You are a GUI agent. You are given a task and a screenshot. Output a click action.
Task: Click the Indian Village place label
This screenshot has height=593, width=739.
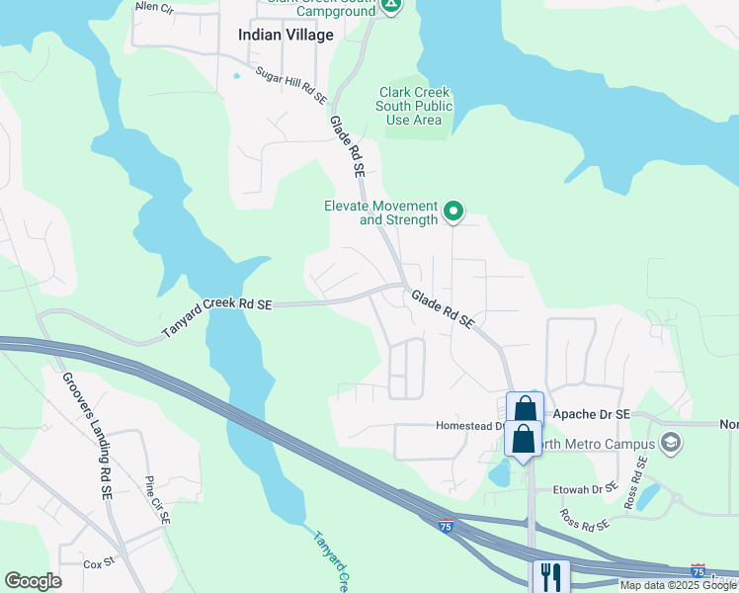(x=287, y=35)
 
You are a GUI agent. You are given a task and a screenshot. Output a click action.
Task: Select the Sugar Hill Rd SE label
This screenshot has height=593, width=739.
(x=291, y=86)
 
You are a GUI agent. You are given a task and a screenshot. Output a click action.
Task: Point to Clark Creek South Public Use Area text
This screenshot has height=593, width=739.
(x=416, y=107)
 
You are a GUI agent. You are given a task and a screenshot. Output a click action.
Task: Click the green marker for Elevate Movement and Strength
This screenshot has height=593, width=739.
(x=453, y=210)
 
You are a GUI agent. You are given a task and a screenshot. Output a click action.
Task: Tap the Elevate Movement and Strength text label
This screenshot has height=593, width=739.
(x=380, y=213)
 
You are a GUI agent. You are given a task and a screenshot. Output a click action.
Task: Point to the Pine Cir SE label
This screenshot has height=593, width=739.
(x=157, y=499)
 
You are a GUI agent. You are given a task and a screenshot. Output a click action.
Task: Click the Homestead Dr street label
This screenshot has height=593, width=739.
(x=470, y=427)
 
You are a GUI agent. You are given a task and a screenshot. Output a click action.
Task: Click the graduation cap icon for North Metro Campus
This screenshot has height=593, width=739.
(x=671, y=441)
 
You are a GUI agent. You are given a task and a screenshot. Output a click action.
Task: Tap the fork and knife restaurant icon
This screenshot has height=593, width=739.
(x=550, y=575)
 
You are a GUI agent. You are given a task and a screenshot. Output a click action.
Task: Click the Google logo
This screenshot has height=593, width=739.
(x=33, y=581)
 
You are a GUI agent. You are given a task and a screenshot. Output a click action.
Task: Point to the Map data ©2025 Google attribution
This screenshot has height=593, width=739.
(x=677, y=585)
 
